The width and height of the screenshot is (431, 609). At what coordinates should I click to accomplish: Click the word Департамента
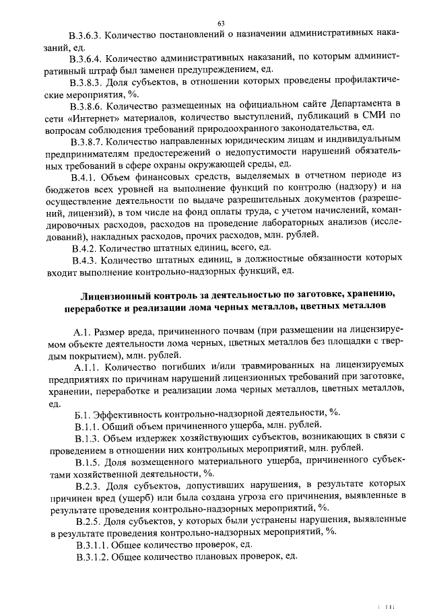pos(362,106)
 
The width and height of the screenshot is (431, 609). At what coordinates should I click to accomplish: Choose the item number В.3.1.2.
pos(91,557)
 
